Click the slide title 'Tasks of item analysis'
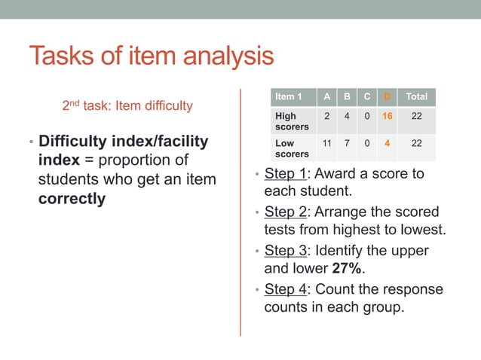pos(152,56)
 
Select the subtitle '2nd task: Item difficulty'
pos(127,105)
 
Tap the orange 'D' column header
pos(387,96)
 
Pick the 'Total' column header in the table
pos(416,96)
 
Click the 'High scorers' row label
pos(286,122)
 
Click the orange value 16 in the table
pos(387,117)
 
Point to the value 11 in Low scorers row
pos(326,143)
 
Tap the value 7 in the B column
pos(346,143)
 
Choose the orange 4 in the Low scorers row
pos(387,143)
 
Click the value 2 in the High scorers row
pos(326,117)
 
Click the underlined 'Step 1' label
pos(285,174)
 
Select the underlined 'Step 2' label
pos(285,212)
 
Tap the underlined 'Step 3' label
pos(285,251)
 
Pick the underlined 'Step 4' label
pos(285,290)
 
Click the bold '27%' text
pos(346,269)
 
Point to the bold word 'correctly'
pos(72,199)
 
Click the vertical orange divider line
pos(240,211)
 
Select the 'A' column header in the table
pos(326,96)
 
